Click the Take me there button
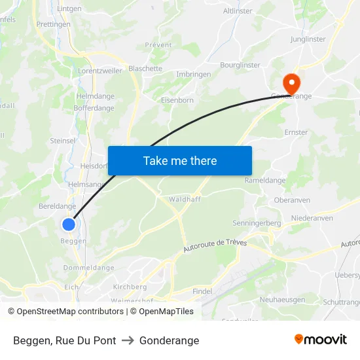180,160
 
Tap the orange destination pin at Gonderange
290,83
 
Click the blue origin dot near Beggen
69,225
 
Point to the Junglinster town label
308,39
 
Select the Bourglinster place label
240,65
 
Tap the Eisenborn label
177,100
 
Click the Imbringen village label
194,75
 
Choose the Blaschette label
145,69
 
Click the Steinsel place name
62,141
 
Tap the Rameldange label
264,181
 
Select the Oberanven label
292,200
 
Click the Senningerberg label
257,223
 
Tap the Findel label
202,291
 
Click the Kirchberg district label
130,287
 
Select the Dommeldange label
88,268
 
